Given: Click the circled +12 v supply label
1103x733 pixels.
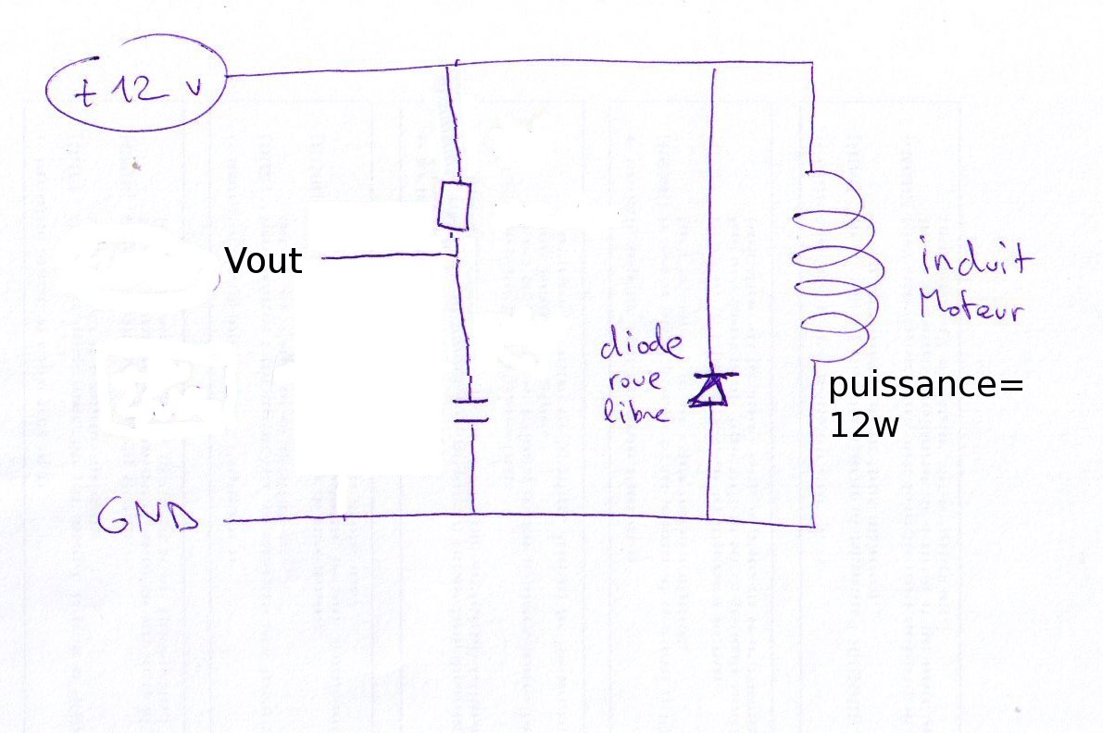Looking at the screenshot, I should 137,91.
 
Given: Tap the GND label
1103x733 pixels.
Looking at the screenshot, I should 148,519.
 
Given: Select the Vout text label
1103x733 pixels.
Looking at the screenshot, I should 263,261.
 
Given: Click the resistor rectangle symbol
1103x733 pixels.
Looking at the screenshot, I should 454,205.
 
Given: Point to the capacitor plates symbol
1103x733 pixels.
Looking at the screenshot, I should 471,409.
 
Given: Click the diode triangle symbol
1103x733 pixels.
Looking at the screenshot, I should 709,390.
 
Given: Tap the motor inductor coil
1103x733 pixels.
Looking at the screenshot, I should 829,268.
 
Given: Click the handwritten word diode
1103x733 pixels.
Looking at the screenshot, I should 641,347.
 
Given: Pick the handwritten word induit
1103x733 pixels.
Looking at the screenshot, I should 974,259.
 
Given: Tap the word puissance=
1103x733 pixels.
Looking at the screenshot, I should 926,385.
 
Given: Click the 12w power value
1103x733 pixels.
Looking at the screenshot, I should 863,426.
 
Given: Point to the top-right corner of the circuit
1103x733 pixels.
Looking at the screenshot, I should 812,63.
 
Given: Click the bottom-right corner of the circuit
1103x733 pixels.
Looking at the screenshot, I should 813,526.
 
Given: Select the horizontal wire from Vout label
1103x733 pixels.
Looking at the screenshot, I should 389,258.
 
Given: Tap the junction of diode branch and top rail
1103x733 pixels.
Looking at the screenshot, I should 711,64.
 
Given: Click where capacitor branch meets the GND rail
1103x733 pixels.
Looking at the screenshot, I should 473,513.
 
